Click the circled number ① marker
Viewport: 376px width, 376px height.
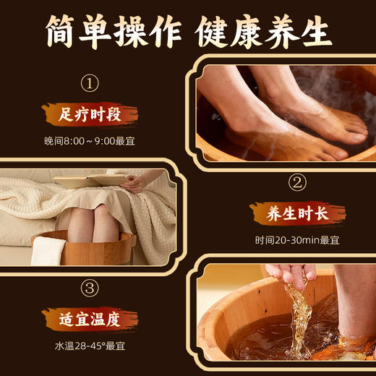[89, 84]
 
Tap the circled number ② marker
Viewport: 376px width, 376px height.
[296, 181]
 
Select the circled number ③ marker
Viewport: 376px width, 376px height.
[89, 289]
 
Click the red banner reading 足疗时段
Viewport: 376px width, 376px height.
[89, 114]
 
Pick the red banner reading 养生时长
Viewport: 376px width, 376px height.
[296, 213]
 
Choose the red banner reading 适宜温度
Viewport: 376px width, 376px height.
[90, 317]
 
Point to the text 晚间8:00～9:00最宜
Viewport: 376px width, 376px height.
[89, 140]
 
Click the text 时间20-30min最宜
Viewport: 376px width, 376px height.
[296, 240]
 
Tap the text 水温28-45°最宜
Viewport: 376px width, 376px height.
[89, 344]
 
